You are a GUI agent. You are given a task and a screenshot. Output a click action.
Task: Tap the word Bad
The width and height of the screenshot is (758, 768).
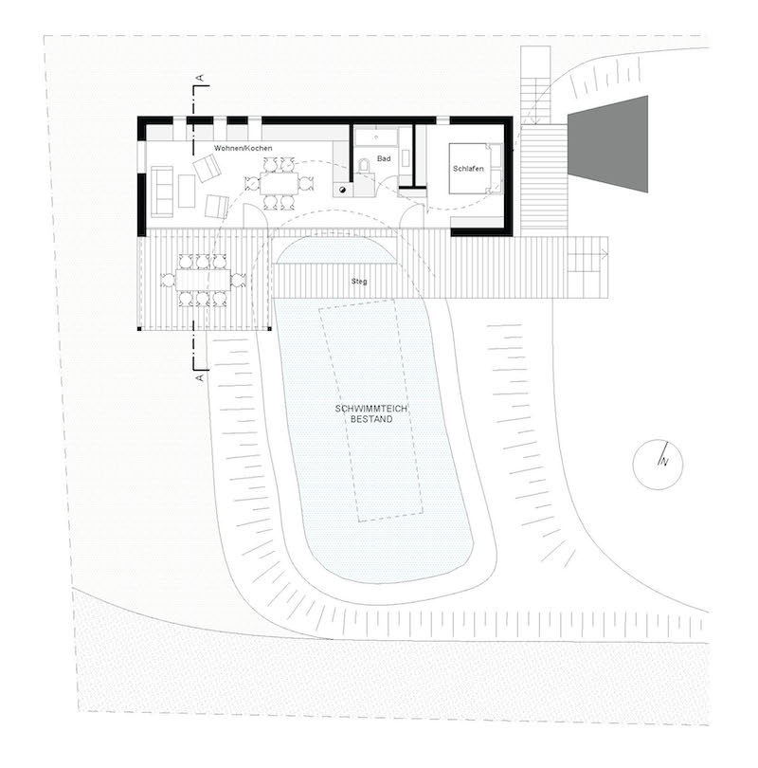pyautogui.click(x=384, y=158)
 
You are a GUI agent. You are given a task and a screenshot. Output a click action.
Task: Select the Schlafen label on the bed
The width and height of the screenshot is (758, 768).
pyautogui.click(x=468, y=169)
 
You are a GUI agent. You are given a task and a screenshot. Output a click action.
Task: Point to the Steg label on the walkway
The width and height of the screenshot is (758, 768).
pyautogui.click(x=359, y=282)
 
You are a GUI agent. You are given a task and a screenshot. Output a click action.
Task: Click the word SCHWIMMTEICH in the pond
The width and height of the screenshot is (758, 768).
pyautogui.click(x=371, y=409)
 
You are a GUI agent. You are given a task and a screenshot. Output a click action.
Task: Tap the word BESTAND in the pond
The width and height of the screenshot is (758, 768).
pyautogui.click(x=371, y=419)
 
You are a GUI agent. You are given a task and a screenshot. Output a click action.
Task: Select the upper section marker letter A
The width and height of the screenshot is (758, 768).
pyautogui.click(x=199, y=78)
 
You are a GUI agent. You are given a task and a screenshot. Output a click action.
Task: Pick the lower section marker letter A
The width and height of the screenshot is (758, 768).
pyautogui.click(x=199, y=378)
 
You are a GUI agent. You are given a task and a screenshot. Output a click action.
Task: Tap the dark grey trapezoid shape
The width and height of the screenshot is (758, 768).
pyautogui.click(x=607, y=144)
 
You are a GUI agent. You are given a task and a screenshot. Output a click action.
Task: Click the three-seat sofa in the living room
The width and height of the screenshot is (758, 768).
pyautogui.click(x=162, y=192)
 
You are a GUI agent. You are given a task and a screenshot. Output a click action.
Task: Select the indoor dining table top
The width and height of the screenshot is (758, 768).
pyautogui.click(x=279, y=184)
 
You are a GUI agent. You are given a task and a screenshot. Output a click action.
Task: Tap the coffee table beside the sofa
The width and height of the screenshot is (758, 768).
pyautogui.click(x=187, y=192)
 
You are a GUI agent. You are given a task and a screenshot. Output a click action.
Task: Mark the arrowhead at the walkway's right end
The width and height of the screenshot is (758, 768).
pyautogui.click(x=605, y=254)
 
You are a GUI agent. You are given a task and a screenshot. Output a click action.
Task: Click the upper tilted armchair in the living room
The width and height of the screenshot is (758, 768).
pyautogui.click(x=208, y=168)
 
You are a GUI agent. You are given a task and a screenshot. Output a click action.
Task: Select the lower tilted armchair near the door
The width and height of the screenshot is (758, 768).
pyautogui.click(x=217, y=207)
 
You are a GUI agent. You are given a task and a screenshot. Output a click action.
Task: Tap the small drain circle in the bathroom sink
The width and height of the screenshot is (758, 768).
pyautogui.click(x=376, y=137)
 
